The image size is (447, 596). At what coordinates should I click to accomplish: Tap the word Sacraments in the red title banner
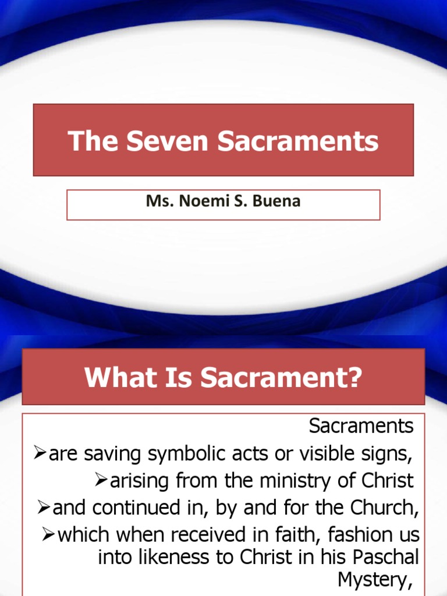[x=299, y=141]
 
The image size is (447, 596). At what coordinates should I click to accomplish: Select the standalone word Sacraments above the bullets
[x=361, y=427]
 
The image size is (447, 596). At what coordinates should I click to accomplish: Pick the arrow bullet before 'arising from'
[x=101, y=481]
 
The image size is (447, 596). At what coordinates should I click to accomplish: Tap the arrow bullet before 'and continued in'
[x=44, y=508]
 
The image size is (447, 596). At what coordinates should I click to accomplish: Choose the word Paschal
[x=386, y=558]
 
